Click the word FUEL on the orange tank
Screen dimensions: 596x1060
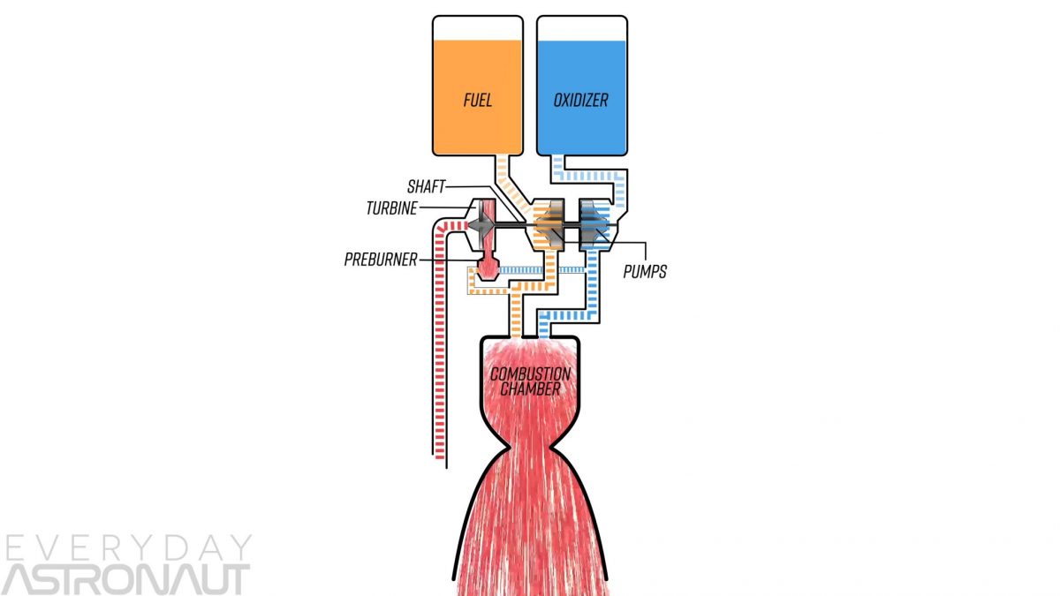click(477, 100)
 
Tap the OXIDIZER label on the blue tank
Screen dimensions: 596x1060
click(581, 100)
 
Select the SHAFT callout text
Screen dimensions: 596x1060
click(428, 186)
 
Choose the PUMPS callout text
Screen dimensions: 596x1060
click(644, 271)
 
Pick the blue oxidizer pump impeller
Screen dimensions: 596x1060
click(597, 226)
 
